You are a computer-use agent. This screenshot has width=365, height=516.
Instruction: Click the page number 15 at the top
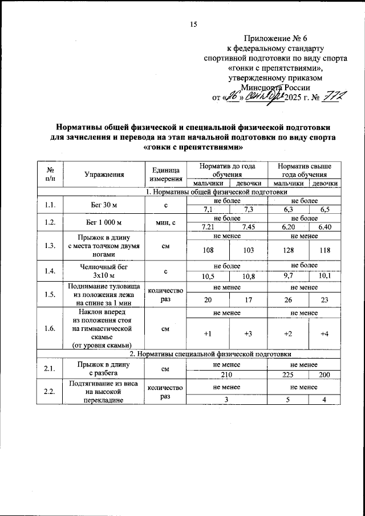pyautogui.click(x=193, y=24)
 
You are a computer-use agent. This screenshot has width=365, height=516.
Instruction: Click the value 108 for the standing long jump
pyautogui.click(x=209, y=250)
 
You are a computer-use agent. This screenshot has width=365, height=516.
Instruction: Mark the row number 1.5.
pyautogui.click(x=50, y=294)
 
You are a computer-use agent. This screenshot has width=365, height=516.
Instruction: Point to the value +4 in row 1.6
pyautogui.click(x=324, y=333)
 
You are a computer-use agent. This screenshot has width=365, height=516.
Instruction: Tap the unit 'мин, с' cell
pyautogui.click(x=165, y=222)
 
